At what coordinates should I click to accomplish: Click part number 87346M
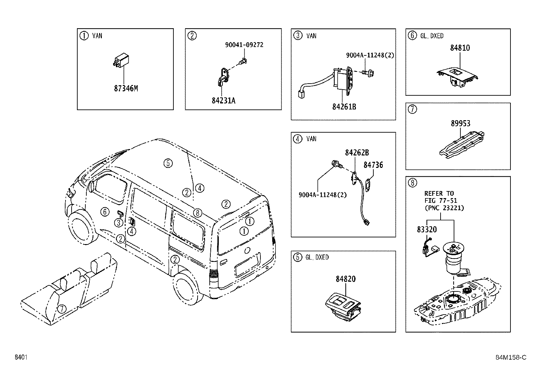click(126, 89)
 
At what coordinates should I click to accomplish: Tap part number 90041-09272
click(244, 45)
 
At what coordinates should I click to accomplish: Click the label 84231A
click(223, 100)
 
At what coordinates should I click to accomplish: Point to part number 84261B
click(344, 107)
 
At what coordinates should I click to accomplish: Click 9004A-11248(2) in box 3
click(370, 55)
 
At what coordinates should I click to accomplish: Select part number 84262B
click(357, 153)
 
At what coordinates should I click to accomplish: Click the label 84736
click(373, 165)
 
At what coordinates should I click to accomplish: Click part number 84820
click(345, 279)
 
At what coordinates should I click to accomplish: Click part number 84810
click(460, 48)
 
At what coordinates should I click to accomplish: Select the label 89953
click(460, 124)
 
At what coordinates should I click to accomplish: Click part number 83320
click(427, 230)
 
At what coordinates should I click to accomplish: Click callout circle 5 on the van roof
click(168, 163)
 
